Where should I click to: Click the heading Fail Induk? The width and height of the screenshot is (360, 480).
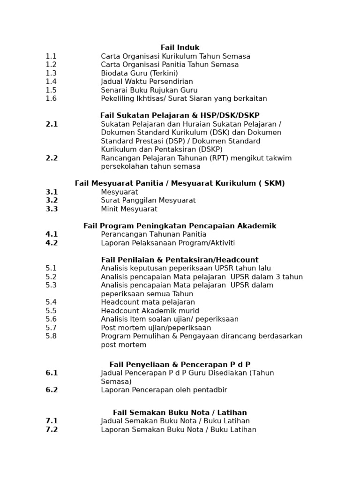click(x=180, y=47)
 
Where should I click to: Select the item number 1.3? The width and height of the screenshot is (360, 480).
click(x=51, y=73)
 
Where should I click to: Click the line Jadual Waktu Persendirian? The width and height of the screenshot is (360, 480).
click(x=147, y=82)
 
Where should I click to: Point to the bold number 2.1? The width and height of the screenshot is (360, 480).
click(x=52, y=124)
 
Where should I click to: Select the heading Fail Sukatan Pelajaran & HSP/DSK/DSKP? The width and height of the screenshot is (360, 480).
click(x=180, y=115)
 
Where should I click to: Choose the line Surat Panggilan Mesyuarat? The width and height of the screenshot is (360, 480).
click(x=148, y=200)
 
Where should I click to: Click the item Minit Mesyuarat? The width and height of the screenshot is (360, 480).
click(x=129, y=209)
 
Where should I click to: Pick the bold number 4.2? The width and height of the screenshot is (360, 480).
click(x=52, y=243)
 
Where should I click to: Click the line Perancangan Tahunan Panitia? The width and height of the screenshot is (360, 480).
click(x=153, y=234)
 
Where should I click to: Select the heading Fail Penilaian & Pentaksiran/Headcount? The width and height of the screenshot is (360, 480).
click(x=180, y=260)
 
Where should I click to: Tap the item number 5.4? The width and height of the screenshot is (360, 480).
click(x=51, y=302)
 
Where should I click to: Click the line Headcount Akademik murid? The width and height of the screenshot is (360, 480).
click(x=150, y=311)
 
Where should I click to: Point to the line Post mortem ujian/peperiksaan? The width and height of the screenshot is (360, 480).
click(x=156, y=328)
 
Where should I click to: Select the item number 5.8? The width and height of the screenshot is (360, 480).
click(x=51, y=336)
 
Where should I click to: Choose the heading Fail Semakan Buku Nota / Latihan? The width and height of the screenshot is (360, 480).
click(x=180, y=412)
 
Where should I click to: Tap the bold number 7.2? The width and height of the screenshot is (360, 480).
click(x=52, y=429)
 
